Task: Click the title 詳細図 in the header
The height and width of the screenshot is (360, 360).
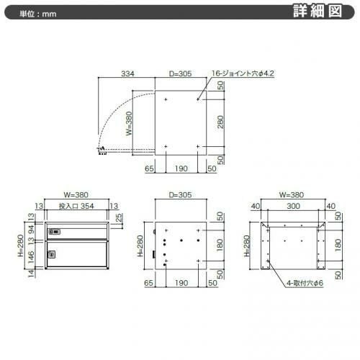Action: click(318, 12)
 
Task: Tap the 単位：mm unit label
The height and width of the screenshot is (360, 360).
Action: click(38, 14)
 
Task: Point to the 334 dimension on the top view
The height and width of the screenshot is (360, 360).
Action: click(127, 73)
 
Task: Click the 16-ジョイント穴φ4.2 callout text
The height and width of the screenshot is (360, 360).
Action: click(243, 73)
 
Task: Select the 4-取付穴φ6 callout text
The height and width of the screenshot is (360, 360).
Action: click(305, 283)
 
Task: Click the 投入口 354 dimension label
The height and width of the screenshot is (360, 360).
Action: click(76, 206)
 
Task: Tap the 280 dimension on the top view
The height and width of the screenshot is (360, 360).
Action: click(220, 122)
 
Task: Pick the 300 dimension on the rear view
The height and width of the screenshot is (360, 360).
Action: click(293, 206)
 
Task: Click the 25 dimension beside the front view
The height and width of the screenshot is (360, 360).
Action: click(119, 217)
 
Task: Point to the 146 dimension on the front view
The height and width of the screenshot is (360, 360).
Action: click(31, 257)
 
